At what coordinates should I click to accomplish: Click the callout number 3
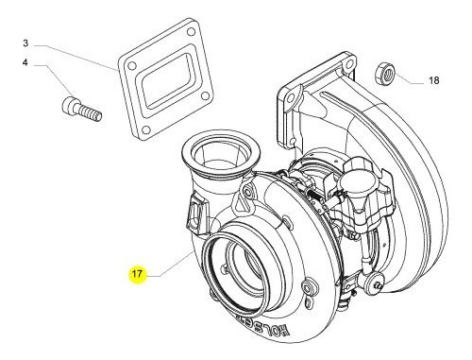[x=26, y=43]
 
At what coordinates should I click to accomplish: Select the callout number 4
[x=26, y=63]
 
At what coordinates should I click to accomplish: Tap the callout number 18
[x=434, y=81]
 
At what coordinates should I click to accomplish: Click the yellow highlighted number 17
[x=137, y=274]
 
